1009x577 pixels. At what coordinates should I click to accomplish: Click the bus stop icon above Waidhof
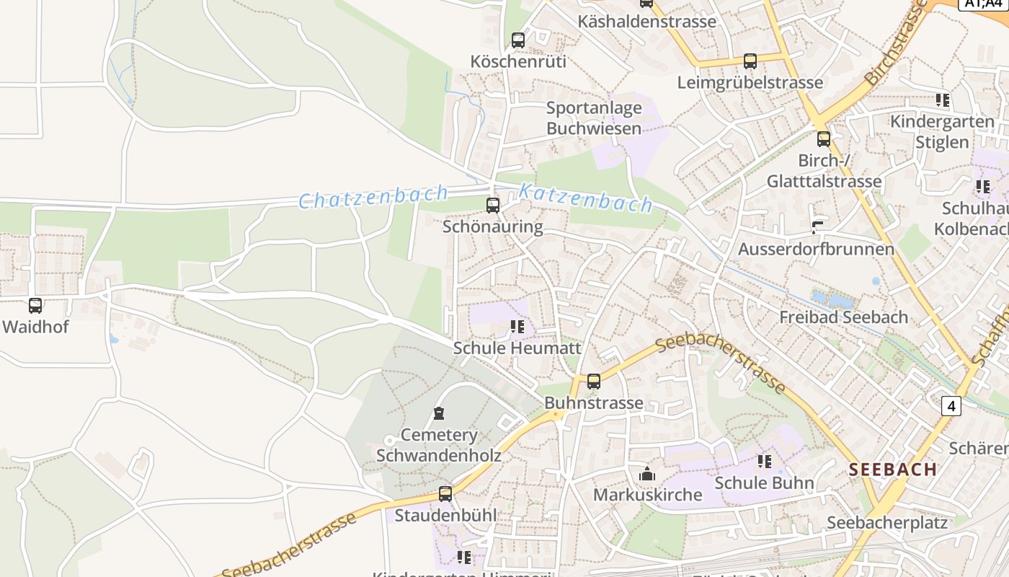[35, 306]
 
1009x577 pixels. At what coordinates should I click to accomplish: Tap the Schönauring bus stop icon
[493, 206]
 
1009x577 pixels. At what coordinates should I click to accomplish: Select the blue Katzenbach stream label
[585, 198]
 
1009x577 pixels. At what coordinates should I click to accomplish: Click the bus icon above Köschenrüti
[517, 40]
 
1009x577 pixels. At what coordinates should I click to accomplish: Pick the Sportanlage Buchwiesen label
[593, 118]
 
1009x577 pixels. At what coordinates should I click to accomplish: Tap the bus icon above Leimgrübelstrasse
[750, 61]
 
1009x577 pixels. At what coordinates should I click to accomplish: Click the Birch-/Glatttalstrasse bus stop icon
[824, 139]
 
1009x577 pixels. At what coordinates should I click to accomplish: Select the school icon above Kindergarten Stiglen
[942, 100]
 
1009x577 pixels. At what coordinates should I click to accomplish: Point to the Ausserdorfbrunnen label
[816, 250]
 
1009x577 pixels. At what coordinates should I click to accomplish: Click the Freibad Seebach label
[843, 317]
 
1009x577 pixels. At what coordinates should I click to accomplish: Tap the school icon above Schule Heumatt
[517, 327]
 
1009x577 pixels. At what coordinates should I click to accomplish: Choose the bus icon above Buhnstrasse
[593, 382]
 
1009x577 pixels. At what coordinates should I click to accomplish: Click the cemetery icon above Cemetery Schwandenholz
[438, 413]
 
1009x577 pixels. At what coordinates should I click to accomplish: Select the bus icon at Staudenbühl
[445, 494]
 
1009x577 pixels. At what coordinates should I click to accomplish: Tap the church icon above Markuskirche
[646, 474]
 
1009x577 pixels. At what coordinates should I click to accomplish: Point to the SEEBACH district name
[892, 470]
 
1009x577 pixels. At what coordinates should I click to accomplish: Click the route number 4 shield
[951, 407]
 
